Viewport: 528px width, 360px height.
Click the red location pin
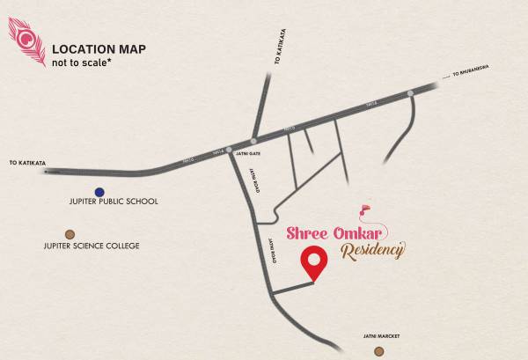coord(313,261)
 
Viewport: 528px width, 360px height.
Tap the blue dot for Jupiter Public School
coord(99,191)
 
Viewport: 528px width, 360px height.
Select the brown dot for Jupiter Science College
coord(70,234)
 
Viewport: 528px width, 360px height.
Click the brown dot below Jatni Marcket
coord(378,351)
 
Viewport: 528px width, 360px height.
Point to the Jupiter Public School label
coord(114,202)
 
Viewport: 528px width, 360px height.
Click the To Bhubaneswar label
coord(471,70)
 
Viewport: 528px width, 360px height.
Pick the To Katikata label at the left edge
coord(26,163)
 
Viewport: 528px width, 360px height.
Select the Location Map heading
coord(97,48)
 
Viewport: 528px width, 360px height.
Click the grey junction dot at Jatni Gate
coord(229,150)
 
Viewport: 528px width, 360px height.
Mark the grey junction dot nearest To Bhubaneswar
coord(410,92)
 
